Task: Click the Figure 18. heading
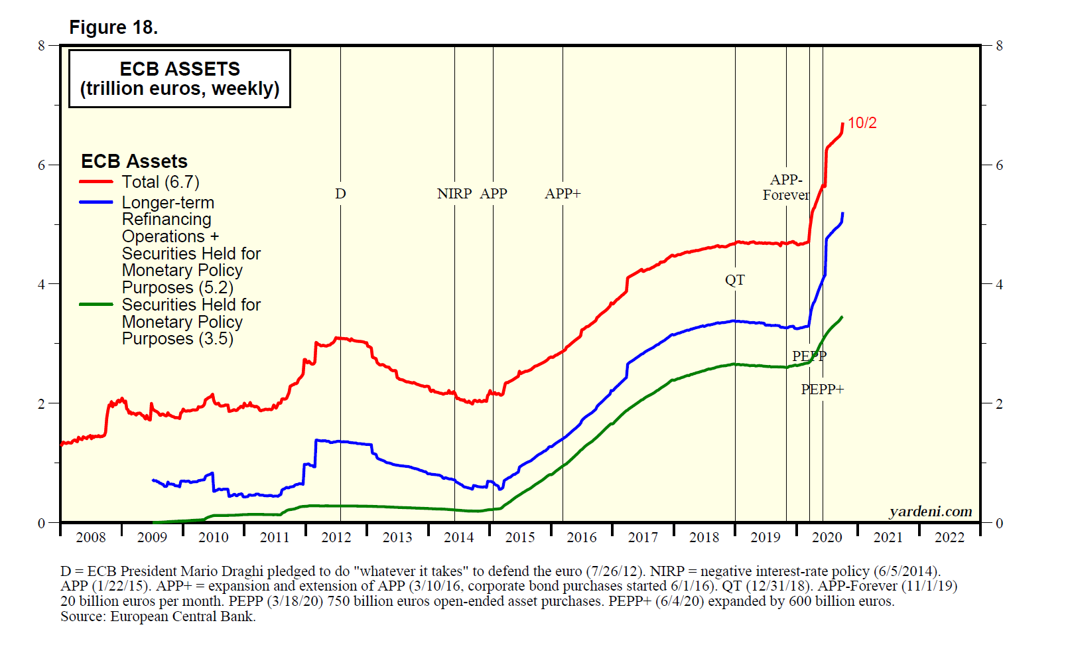[x=113, y=28]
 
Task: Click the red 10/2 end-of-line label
[x=862, y=123]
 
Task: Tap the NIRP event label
[x=454, y=194]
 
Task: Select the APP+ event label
[x=563, y=194]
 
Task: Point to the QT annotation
[x=734, y=280]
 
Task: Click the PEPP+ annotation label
[x=822, y=390]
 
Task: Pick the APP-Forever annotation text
[x=786, y=187]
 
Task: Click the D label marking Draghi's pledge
[x=340, y=194]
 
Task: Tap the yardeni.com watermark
[x=930, y=512]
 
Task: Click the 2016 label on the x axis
[x=581, y=538]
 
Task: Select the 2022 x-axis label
[x=949, y=538]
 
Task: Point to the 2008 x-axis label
[x=91, y=538]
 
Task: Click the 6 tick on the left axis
[x=42, y=165]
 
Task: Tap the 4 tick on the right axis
[x=999, y=285]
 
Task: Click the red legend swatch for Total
[x=96, y=182]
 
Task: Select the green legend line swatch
[x=96, y=305]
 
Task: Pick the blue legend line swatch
[x=96, y=202]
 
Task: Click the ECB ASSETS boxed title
[x=180, y=78]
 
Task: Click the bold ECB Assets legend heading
[x=134, y=161]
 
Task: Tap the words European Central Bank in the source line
[x=182, y=616]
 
